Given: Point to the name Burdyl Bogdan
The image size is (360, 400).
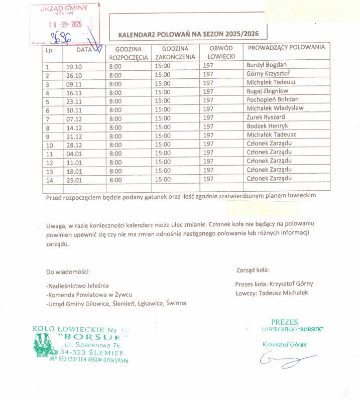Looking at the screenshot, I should point(267,65).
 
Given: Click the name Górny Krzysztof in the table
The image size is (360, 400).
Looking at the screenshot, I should point(269,74).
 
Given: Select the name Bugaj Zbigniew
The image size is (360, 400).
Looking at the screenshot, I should point(268,91).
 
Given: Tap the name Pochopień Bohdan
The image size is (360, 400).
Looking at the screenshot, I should point(273,100).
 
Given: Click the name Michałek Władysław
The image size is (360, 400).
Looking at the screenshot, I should point(275,108).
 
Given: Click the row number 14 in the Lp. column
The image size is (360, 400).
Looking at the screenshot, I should point(49,179).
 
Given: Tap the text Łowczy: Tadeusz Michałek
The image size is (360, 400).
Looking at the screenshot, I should point(271,293).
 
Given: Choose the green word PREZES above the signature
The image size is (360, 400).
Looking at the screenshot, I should point(285,322).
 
